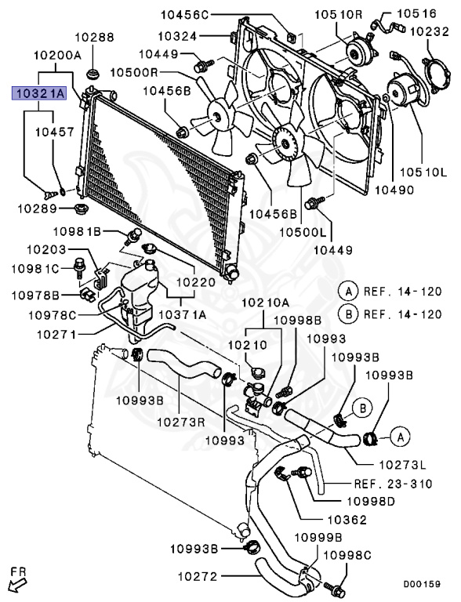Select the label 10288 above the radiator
(95, 37)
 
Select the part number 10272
(196, 576)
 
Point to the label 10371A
(183, 314)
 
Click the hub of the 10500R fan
(214, 115)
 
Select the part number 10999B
(318, 537)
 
